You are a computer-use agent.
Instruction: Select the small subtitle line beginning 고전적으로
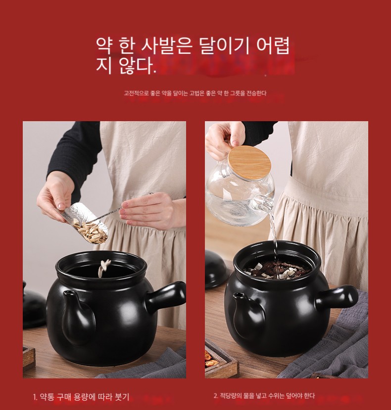(x=195, y=93)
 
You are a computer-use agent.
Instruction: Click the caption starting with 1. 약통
(x=81, y=397)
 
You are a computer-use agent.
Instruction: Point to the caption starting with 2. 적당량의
(x=264, y=396)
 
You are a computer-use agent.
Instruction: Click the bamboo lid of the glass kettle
(x=249, y=159)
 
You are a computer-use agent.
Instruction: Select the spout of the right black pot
(x=247, y=314)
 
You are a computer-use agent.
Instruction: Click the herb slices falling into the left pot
(x=104, y=268)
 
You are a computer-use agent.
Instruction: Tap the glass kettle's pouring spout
(x=264, y=203)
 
